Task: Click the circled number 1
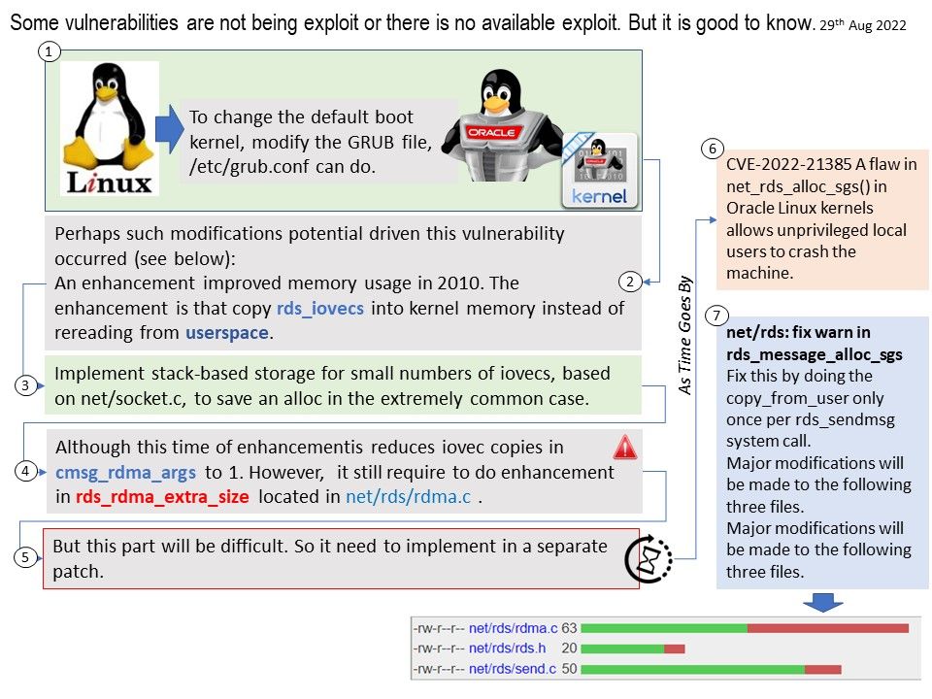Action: pos(50,51)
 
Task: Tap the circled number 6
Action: pos(712,149)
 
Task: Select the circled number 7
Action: pos(716,316)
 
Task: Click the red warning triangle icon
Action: pos(624,448)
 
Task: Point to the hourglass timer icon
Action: pos(649,559)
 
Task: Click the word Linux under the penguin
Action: pos(110,183)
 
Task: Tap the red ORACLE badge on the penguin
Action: pos(491,132)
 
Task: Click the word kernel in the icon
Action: pos(599,196)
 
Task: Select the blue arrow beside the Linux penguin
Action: pos(170,129)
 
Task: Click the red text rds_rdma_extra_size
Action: pos(162,496)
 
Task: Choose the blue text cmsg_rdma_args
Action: pos(125,473)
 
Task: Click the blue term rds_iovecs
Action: pos(320,309)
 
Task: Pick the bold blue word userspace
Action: pos(227,333)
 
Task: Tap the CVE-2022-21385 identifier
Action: pos(788,164)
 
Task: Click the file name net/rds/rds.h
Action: pos(507,648)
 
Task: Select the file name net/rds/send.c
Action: pos(513,669)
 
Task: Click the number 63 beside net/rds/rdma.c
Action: pos(569,628)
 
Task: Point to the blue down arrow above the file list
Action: pos(822,602)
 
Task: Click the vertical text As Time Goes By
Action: pos(685,335)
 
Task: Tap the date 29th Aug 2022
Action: pos(862,25)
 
